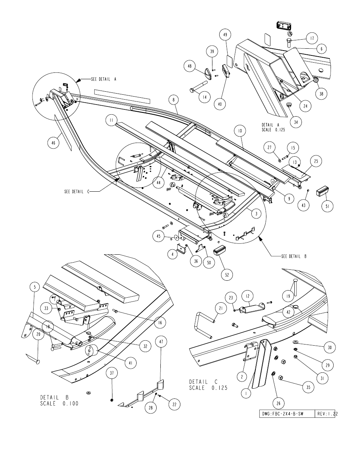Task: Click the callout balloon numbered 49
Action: pos(225,35)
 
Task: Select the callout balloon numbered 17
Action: pos(312,38)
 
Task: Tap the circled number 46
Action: pos(53,143)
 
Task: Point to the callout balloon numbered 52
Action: pos(227,275)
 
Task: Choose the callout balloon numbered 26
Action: pos(278,403)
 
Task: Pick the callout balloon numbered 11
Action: pos(111,120)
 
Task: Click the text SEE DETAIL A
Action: pos(104,79)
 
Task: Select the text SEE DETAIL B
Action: pos(294,256)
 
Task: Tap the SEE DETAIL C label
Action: pos(77,192)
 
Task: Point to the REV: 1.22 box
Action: pos(325,414)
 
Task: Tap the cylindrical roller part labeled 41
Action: pos(92,350)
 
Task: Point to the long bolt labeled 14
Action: pos(199,86)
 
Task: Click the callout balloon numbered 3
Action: pos(256,214)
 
